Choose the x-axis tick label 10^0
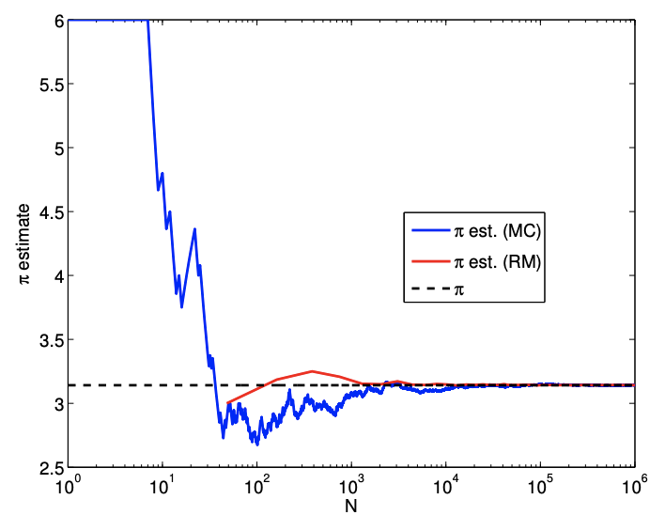[x=68, y=485]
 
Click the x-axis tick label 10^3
[x=351, y=485]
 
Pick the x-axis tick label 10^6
[x=635, y=485]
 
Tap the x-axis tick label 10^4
[x=446, y=485]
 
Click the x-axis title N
[x=351, y=505]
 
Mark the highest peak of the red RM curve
[x=312, y=371]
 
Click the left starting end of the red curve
[x=228, y=402]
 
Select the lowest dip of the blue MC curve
[x=255, y=444]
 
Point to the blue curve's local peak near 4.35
[x=194, y=229]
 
